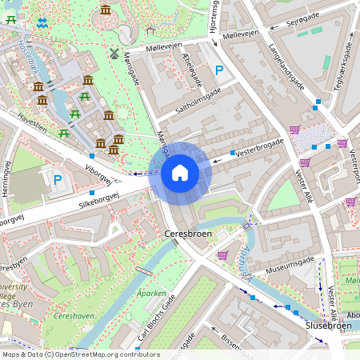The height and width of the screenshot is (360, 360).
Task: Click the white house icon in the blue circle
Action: tap(180, 172)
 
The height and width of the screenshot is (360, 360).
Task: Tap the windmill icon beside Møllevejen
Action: tap(114, 54)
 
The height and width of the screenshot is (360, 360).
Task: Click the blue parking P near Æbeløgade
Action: tap(218, 71)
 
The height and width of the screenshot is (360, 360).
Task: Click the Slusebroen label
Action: tap(329, 326)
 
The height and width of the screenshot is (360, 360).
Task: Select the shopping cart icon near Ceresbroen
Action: tap(222, 255)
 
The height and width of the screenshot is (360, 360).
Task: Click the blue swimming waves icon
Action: tap(42, 22)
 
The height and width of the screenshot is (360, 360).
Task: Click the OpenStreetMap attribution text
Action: tap(80, 354)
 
